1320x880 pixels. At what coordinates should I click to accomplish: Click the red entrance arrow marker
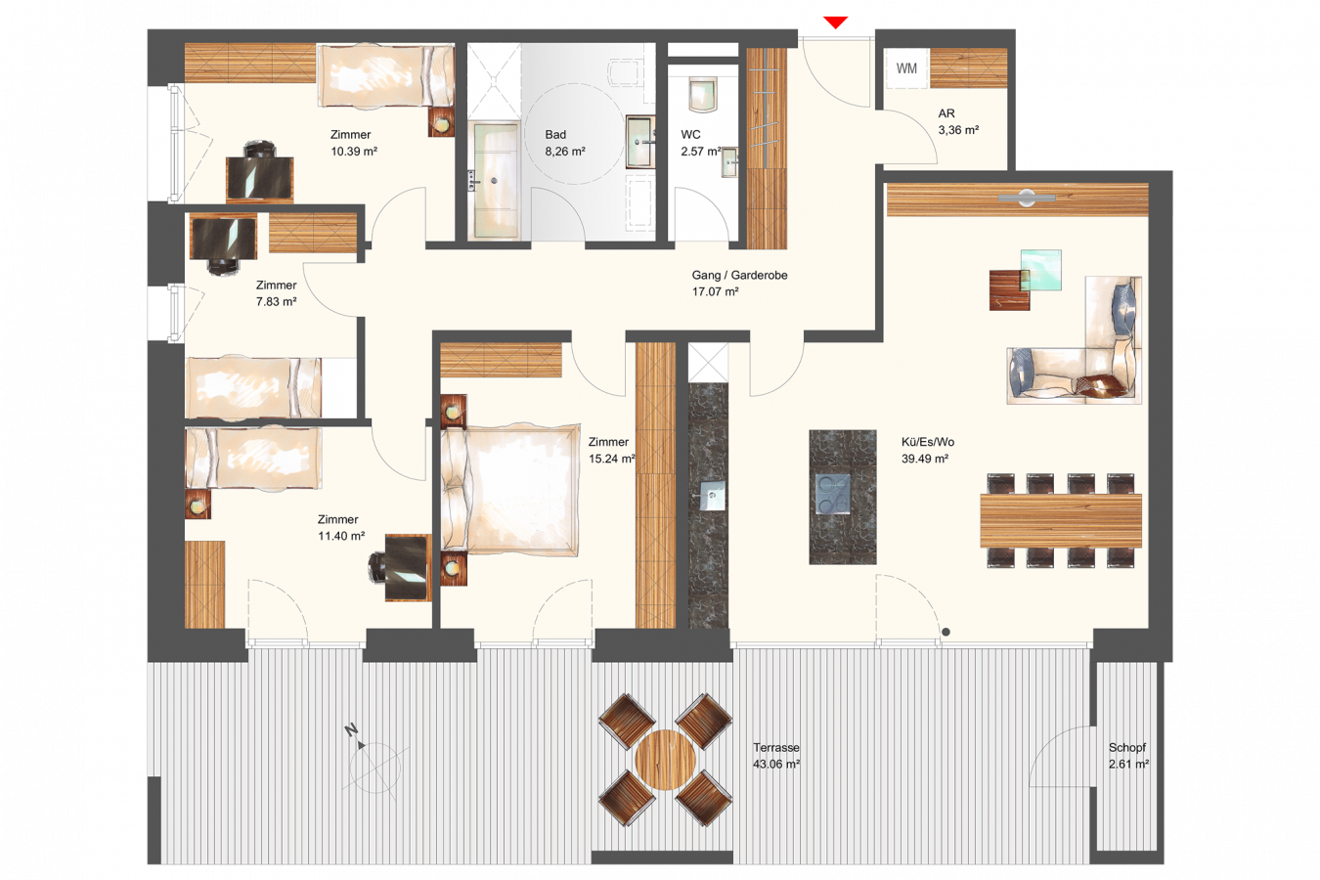click(x=836, y=22)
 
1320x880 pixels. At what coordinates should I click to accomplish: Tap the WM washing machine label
click(x=906, y=68)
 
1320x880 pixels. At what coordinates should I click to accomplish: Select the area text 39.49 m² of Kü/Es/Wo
click(x=925, y=459)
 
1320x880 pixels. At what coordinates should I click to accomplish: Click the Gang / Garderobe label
click(x=739, y=275)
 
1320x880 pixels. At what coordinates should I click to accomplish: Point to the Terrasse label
click(x=776, y=747)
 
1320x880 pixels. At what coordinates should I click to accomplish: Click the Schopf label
click(x=1127, y=747)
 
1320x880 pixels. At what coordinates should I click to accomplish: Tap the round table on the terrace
click(x=665, y=760)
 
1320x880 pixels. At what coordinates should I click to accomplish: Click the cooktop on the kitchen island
click(x=833, y=494)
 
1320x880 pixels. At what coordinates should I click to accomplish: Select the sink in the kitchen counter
click(x=712, y=496)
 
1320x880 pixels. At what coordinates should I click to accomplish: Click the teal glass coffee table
click(x=1041, y=270)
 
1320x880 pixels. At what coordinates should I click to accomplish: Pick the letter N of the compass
click(x=351, y=730)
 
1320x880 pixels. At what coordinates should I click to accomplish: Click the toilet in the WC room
click(x=703, y=94)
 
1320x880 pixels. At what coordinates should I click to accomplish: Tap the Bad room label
click(x=555, y=134)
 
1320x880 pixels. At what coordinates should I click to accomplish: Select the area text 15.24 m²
click(x=612, y=459)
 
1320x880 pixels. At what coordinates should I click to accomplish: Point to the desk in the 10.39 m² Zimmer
click(x=260, y=178)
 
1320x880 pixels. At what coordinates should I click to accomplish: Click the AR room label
click(x=946, y=113)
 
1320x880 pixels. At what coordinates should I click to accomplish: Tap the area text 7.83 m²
click(x=276, y=301)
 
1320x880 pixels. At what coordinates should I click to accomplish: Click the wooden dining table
click(x=1061, y=520)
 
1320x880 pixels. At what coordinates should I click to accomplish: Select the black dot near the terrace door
click(x=946, y=632)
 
